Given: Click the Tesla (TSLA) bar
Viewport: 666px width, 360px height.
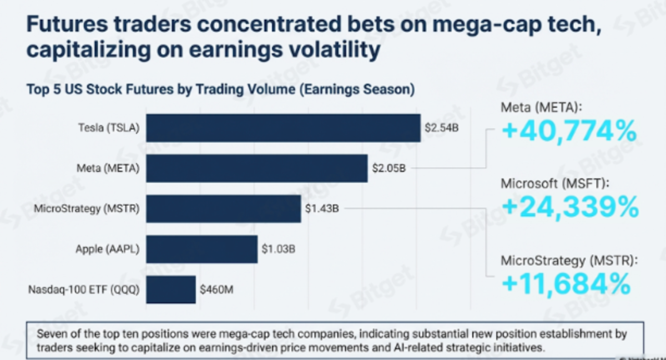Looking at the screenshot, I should click(x=283, y=128).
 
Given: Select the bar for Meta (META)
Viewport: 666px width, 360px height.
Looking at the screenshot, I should click(x=256, y=169).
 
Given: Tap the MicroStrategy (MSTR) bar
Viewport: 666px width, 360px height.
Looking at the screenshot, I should click(x=223, y=209).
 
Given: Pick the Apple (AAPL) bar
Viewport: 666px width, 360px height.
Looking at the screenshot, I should click(x=201, y=249).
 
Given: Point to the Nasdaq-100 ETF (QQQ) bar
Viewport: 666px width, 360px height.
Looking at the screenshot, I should click(x=170, y=289).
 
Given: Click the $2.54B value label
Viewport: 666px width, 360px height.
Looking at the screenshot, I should click(x=441, y=128).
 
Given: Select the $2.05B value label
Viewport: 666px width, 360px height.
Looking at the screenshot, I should click(x=389, y=169).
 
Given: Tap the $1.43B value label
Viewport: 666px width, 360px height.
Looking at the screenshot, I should click(x=322, y=209).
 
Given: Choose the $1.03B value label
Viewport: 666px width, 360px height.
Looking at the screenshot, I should click(x=278, y=250).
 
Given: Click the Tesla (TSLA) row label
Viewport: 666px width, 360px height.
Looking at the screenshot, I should click(x=109, y=129).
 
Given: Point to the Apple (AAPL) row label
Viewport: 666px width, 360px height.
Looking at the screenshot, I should click(x=107, y=250).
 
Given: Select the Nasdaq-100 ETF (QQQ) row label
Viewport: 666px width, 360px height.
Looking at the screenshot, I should click(x=84, y=290).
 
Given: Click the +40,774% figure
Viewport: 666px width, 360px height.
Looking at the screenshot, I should click(x=569, y=131).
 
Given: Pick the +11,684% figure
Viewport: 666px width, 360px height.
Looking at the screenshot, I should click(x=566, y=284).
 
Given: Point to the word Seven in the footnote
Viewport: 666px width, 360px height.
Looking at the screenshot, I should click(x=49, y=334).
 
